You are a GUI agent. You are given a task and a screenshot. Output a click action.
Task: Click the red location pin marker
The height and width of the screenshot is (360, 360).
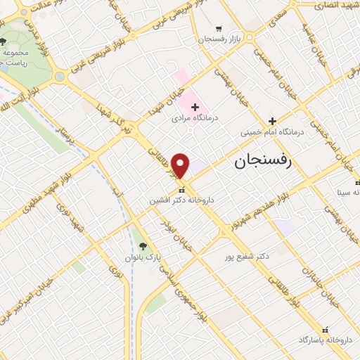click(181, 166)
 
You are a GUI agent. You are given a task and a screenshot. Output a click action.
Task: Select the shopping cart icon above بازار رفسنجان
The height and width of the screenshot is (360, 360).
click(219, 26)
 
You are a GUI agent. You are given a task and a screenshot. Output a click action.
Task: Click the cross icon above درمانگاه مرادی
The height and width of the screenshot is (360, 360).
click(195, 106)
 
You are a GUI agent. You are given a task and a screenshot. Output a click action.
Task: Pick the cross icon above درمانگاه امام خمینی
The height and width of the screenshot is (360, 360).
click(272, 121)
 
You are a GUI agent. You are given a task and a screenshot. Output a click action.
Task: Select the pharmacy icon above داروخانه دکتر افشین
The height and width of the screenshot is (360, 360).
click(181, 190)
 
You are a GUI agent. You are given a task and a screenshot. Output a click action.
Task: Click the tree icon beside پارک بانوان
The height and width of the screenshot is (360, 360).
click(143, 246)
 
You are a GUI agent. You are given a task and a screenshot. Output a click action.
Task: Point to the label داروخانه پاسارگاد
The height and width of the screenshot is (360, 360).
click(325, 340)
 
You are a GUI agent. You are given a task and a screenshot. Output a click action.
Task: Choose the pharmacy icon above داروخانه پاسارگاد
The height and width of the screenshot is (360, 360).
click(324, 328)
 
